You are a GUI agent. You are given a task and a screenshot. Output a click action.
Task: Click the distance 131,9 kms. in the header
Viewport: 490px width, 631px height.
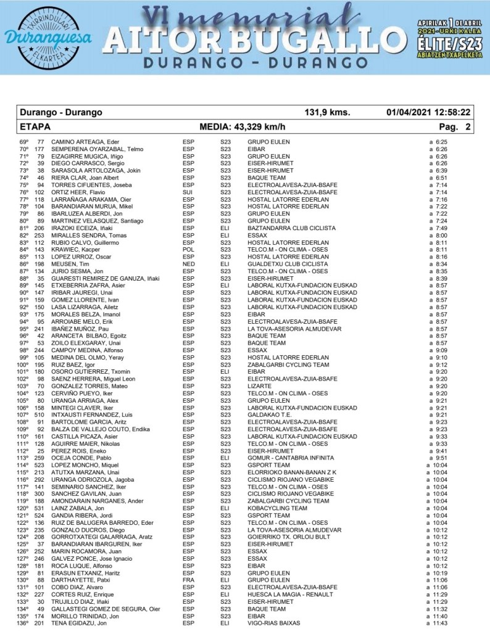coord(328,113)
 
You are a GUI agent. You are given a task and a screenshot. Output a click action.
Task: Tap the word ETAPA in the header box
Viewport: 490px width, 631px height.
coord(35,127)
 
